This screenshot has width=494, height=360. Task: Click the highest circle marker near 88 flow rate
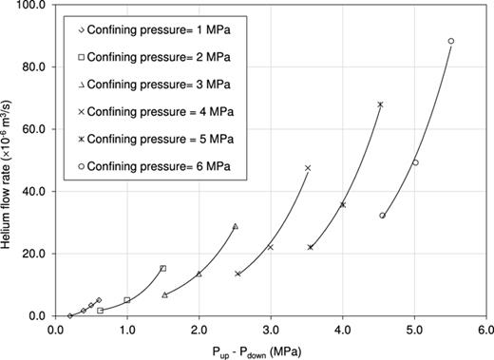451,41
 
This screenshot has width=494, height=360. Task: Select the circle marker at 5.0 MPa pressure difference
415,162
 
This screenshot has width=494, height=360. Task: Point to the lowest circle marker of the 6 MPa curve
382,216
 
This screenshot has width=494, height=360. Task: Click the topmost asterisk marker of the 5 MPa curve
380,104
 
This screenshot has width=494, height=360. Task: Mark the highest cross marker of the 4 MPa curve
308,168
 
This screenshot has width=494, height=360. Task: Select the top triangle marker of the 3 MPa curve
235,226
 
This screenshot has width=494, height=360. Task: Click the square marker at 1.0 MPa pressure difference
127,300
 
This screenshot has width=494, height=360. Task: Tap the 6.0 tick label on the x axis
486,330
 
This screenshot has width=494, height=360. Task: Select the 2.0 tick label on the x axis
199,330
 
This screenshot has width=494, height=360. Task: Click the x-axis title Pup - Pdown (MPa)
271,350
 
